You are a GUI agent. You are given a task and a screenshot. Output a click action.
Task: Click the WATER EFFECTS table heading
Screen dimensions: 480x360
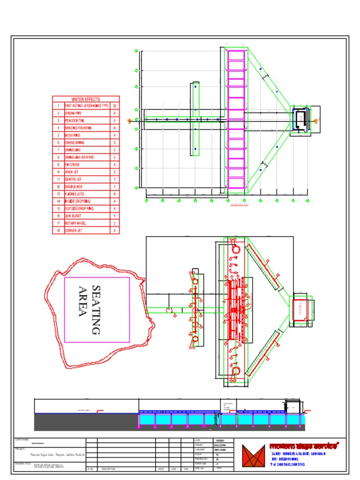click(86, 99)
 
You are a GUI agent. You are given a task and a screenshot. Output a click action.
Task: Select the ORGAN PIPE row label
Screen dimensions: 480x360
click(70, 113)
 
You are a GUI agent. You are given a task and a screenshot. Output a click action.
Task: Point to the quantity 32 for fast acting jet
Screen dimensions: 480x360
click(115, 106)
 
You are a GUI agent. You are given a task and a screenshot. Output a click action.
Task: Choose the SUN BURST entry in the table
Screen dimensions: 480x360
click(72, 216)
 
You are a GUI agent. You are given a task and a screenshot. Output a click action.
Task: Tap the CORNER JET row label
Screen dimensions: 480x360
click(73, 231)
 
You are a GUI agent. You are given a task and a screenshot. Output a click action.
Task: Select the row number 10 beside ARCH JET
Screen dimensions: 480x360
click(58, 172)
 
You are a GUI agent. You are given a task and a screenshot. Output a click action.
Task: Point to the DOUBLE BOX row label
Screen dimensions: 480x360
click(73, 187)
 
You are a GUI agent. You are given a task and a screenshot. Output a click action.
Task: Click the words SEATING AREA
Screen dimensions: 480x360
click(90, 310)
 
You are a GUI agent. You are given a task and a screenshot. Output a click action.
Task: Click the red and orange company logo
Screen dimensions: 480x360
click(253, 455)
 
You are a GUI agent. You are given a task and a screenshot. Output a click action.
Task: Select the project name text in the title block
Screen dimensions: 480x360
click(57, 455)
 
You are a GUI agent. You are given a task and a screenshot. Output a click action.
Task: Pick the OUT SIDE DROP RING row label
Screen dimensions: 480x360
click(79, 208)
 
